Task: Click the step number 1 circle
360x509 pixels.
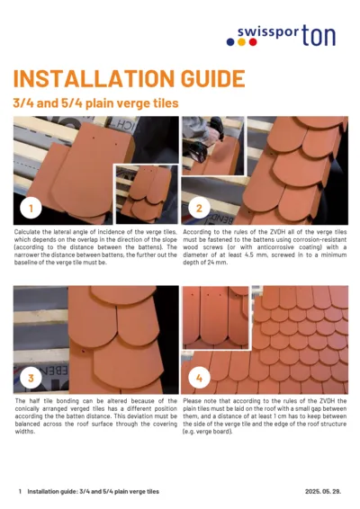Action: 31,209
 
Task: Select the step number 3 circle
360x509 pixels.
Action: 31,378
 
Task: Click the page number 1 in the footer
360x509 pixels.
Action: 20,492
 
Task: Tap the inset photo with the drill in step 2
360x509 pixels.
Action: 212,144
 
